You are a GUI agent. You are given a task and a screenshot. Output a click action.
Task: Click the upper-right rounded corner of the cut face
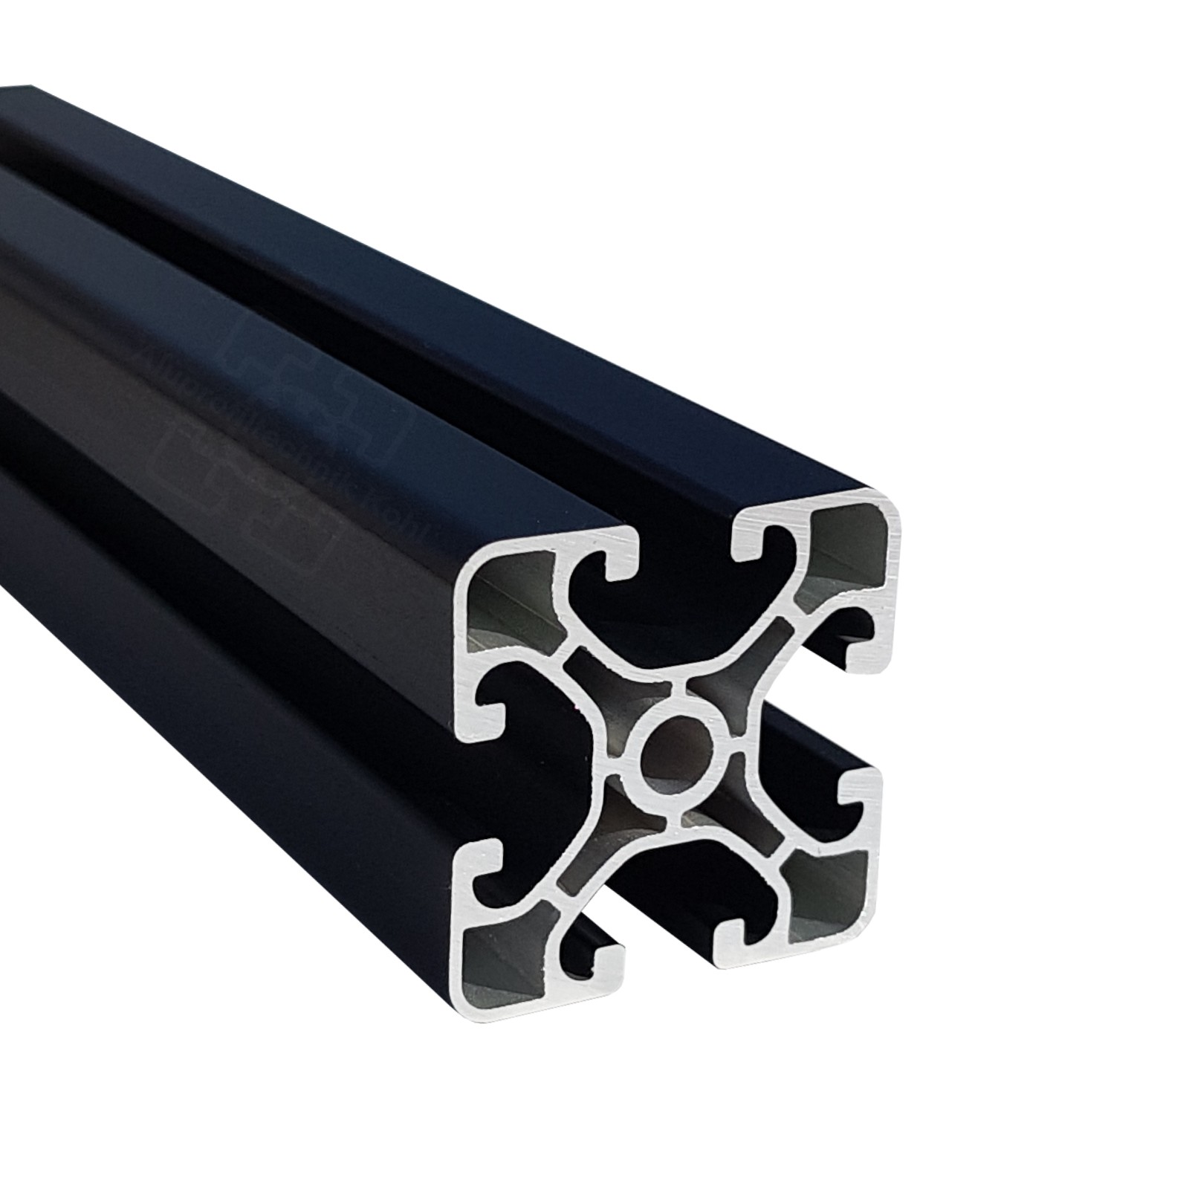click(888, 513)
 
